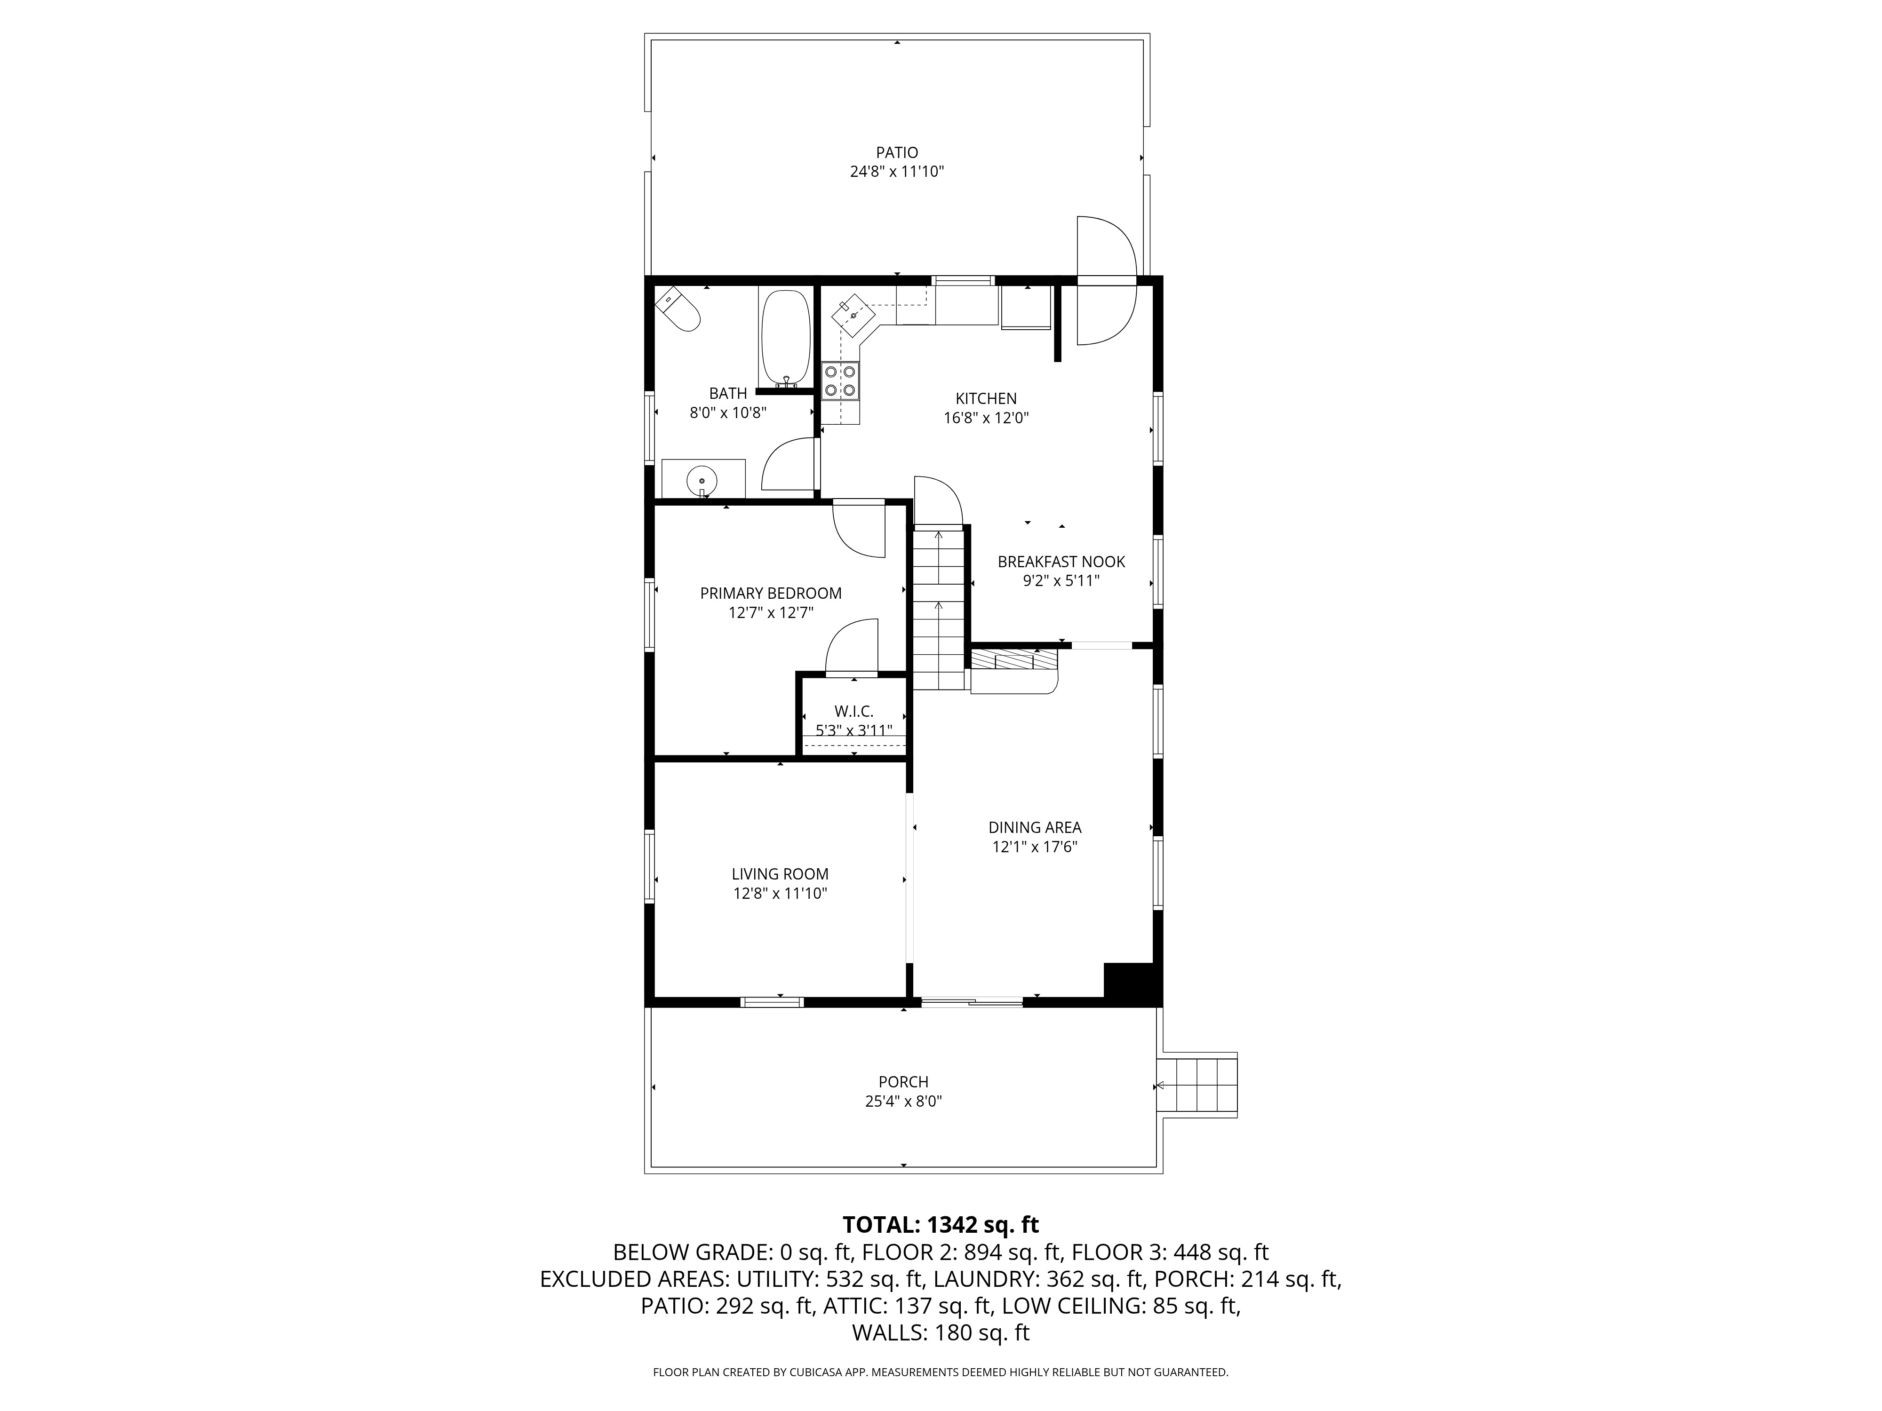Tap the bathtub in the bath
[786, 339]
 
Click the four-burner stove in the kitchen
[840, 381]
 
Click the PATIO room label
[897, 153]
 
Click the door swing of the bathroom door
[789, 466]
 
